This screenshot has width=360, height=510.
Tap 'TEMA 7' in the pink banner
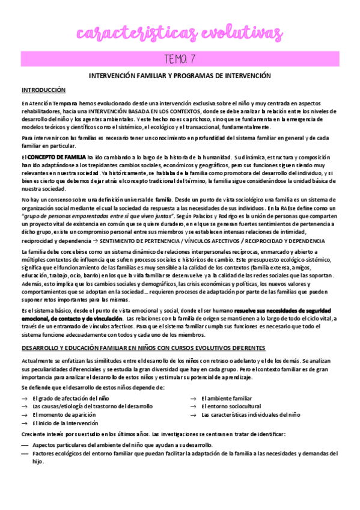tap(180, 59)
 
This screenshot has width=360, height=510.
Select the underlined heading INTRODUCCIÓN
tap(43, 90)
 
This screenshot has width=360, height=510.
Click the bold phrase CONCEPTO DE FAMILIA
tap(56, 157)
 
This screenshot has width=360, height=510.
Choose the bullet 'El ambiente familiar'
tap(227, 398)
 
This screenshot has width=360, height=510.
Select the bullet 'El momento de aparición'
tap(64, 415)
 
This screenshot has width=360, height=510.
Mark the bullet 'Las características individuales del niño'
tap(251, 415)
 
